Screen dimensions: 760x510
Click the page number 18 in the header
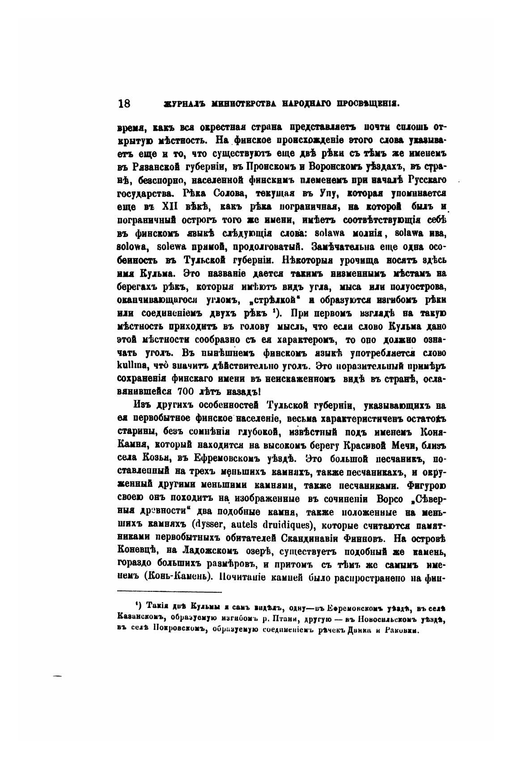pos(124,103)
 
